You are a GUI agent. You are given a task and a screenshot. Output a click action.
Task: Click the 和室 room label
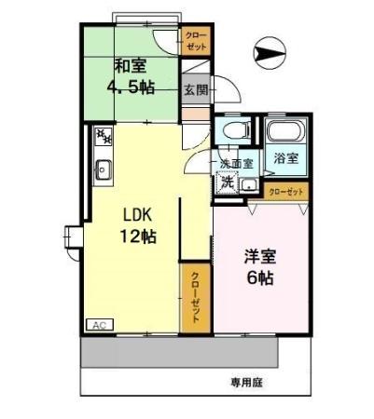click(130, 66)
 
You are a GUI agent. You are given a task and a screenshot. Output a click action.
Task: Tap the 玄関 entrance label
click(194, 90)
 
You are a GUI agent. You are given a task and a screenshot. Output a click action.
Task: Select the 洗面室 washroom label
click(236, 164)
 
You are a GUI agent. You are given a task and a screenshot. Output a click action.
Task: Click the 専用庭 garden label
click(243, 381)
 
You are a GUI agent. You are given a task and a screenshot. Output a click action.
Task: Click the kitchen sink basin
click(103, 169)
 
